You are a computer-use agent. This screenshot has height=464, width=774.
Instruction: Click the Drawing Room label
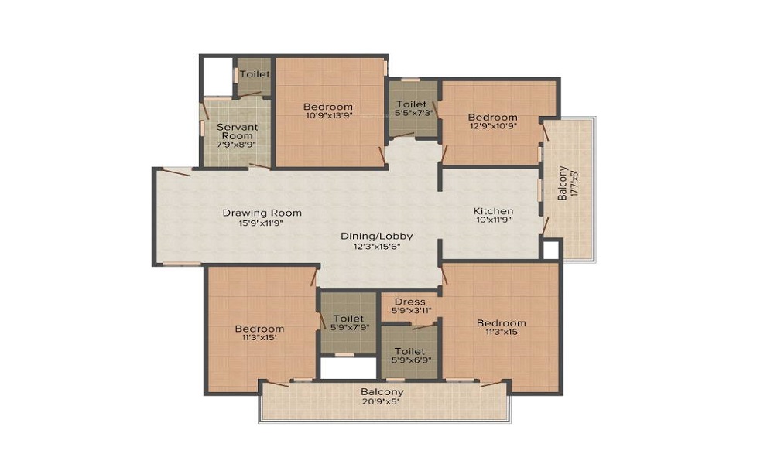click(x=262, y=213)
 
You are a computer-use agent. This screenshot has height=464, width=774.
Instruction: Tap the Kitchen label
click(x=493, y=211)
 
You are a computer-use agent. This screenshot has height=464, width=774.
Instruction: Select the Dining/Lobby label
click(x=377, y=236)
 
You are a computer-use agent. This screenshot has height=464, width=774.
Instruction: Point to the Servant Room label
click(x=237, y=131)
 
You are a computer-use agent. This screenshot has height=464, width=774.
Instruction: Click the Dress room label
click(x=409, y=302)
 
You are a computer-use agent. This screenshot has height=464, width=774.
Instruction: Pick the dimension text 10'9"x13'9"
click(x=329, y=116)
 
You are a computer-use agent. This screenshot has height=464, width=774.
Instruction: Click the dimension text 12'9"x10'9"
click(x=492, y=126)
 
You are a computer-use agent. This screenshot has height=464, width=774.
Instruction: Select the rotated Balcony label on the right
click(x=562, y=183)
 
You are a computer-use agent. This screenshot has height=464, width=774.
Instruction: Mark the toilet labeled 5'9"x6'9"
click(x=409, y=351)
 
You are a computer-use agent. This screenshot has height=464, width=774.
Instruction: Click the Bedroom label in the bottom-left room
click(x=259, y=329)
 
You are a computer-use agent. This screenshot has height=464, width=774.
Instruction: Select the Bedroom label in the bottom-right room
click(x=502, y=323)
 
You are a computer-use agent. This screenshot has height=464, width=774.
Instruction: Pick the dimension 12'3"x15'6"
click(x=377, y=246)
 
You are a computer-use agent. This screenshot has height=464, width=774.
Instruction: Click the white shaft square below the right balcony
click(x=550, y=250)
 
